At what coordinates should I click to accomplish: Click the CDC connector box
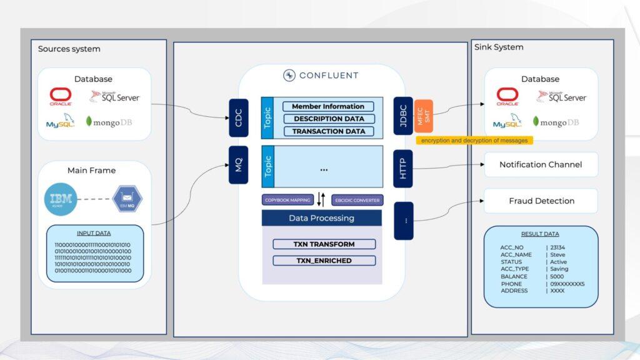point(239,117)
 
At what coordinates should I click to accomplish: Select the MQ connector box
point(239,165)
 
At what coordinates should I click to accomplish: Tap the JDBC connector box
point(403,116)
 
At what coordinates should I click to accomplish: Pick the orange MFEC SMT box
point(424,116)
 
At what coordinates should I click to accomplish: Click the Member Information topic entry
point(328,107)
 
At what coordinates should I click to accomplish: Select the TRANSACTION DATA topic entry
point(328,131)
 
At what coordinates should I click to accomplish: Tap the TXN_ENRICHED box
point(324,261)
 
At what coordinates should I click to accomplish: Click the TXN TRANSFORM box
point(324,244)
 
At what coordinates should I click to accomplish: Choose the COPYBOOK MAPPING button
point(287,200)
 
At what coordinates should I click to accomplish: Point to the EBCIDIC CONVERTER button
point(356,200)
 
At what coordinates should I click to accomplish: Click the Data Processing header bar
point(321,218)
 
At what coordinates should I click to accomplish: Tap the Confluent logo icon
point(289,76)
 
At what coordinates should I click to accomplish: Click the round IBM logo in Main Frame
point(61,199)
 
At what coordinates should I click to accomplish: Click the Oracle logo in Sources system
point(61,96)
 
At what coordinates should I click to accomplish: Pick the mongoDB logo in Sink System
point(556,122)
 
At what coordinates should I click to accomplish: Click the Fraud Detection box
point(541,201)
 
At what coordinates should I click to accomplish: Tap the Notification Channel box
point(541,164)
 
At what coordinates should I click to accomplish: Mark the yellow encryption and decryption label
point(474,141)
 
